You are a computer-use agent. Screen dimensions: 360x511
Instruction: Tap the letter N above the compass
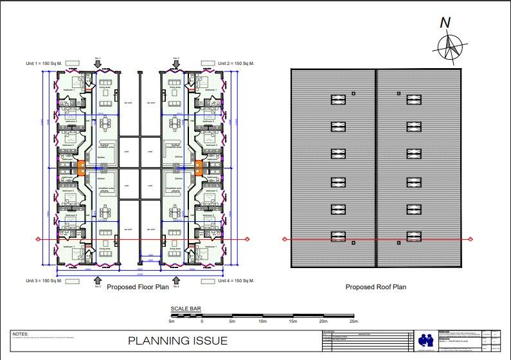(x=445, y=23)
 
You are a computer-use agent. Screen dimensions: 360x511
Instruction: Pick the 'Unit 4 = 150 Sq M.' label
(x=237, y=281)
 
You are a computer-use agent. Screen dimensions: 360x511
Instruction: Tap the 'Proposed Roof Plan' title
(x=376, y=287)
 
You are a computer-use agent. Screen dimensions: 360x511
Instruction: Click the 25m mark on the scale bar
(x=353, y=321)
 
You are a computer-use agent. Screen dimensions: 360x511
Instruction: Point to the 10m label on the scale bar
(x=262, y=321)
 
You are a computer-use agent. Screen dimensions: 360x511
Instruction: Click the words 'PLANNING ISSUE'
(x=177, y=341)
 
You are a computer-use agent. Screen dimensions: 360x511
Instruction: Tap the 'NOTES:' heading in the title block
(x=21, y=334)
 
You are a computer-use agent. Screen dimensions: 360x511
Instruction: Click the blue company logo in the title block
(x=426, y=340)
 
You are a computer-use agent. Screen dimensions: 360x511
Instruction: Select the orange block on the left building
(x=82, y=168)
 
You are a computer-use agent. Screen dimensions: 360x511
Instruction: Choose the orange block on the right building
(x=198, y=168)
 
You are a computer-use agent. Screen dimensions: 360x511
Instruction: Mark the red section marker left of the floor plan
(x=38, y=240)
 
